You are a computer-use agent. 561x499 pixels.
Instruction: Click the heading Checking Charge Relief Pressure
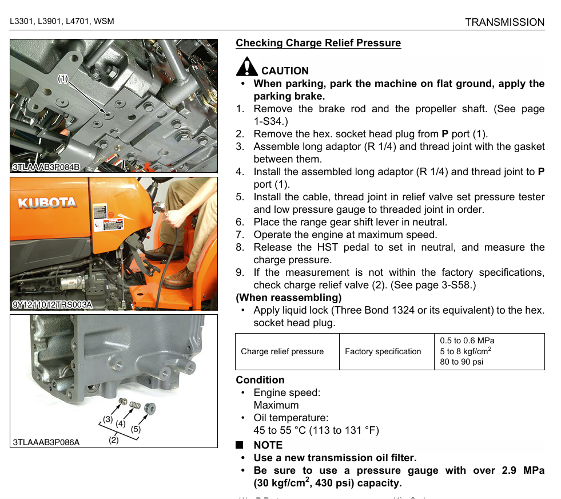(318, 43)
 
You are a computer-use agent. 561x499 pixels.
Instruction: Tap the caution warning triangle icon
(246, 67)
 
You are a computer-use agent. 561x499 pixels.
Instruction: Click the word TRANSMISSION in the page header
(504, 22)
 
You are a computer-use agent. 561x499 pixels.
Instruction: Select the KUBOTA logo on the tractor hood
(47, 203)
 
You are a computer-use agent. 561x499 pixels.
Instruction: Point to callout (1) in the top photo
(62, 78)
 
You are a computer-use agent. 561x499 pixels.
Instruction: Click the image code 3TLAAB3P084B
(46, 167)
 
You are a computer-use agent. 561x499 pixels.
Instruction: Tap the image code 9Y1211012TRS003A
(52, 304)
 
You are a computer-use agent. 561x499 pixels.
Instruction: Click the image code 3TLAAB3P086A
(46, 442)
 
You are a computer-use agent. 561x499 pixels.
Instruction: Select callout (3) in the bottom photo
(108, 419)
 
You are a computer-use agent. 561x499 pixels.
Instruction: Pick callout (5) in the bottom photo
(136, 428)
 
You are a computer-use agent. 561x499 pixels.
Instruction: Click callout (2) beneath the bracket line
(113, 440)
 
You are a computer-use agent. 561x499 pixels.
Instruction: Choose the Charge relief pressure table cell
(282, 351)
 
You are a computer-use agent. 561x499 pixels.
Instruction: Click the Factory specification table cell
(383, 351)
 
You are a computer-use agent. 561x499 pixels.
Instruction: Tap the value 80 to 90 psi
(461, 362)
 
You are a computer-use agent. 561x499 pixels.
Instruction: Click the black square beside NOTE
(240, 445)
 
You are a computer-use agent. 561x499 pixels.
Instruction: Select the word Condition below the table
(260, 380)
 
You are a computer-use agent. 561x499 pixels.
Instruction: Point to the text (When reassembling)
(288, 298)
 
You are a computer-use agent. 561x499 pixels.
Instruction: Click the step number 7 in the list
(240, 235)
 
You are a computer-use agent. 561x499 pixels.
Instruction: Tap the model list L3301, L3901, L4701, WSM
(62, 22)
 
